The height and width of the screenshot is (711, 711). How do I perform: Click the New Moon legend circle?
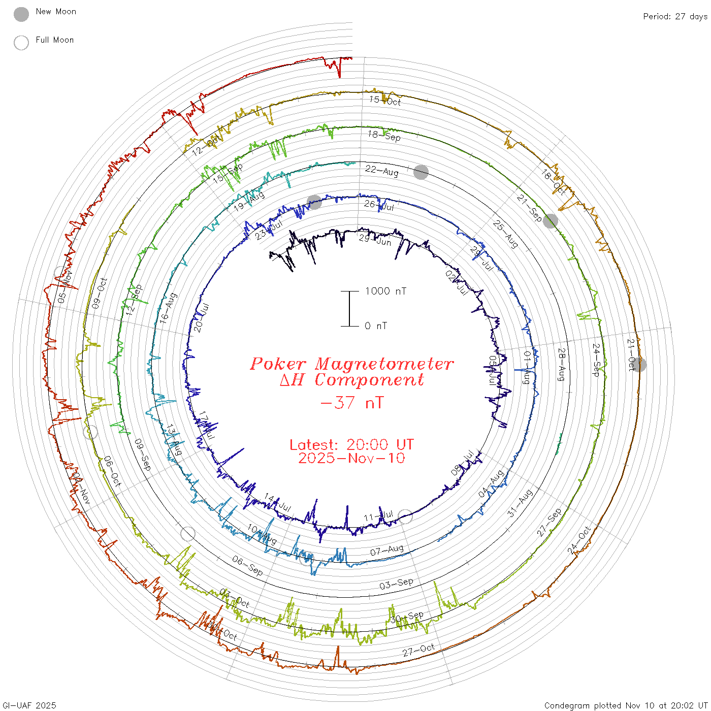click(21, 14)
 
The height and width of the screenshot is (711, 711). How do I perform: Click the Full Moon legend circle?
click(21, 43)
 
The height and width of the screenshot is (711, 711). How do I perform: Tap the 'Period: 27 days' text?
click(675, 16)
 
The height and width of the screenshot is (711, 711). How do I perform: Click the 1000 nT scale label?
click(385, 291)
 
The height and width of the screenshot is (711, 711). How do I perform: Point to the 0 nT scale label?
click(376, 326)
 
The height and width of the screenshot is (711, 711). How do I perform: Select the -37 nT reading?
click(352, 403)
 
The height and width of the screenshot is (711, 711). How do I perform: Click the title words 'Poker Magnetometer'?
click(351, 364)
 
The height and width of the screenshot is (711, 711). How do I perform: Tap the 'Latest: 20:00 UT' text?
click(351, 444)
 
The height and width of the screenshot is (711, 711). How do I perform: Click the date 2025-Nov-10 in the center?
click(351, 458)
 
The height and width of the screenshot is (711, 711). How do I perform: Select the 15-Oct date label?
click(385, 101)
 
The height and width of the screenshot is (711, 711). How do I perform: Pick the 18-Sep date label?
click(384, 136)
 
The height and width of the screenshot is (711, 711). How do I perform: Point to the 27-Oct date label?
click(418, 650)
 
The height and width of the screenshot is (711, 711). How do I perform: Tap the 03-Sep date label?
click(396, 584)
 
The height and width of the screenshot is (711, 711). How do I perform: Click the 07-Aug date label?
click(386, 550)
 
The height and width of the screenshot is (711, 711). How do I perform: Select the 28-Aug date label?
click(561, 364)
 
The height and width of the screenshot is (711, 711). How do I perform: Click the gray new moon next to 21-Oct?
click(639, 364)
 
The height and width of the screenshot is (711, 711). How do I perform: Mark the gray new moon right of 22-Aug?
click(421, 172)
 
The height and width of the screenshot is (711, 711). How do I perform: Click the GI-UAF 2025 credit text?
click(29, 705)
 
